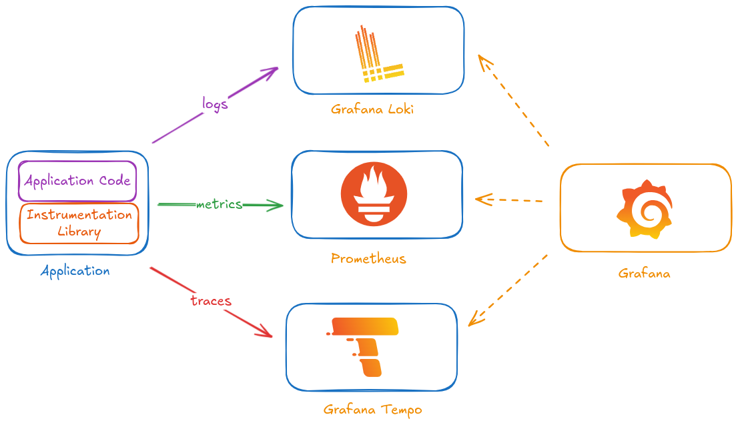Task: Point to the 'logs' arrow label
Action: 215,104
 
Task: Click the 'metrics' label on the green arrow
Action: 219,204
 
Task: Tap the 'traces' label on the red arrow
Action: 210,300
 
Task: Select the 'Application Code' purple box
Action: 77,181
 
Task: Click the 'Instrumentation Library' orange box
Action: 79,223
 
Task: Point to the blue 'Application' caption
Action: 75,271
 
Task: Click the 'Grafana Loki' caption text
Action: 372,109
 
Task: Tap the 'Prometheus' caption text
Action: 368,258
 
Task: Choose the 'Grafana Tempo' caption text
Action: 373,409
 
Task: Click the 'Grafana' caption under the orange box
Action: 644,274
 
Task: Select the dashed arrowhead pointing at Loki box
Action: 484,63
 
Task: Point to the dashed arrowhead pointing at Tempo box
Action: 475,319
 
